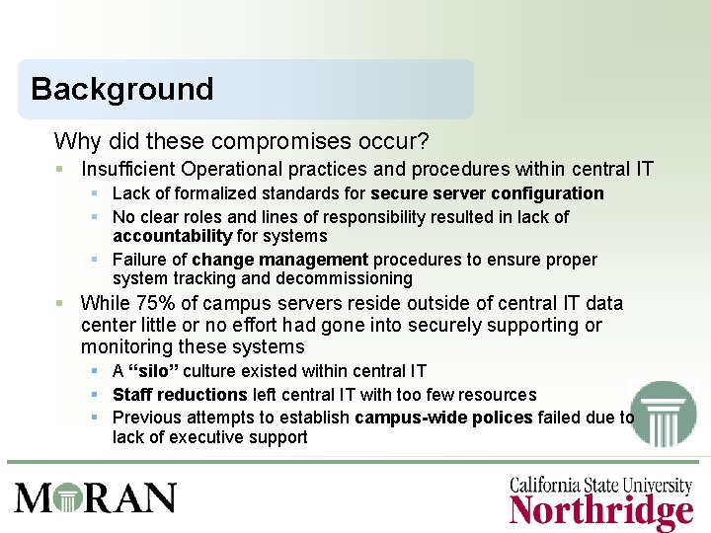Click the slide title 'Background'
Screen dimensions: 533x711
[x=121, y=89]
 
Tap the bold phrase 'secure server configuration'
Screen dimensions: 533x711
[x=487, y=193]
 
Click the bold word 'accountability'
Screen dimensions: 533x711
[x=172, y=236]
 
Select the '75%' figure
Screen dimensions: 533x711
[x=154, y=303]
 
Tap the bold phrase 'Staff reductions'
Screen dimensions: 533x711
[x=180, y=395]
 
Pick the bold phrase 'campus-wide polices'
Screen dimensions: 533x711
[x=443, y=418]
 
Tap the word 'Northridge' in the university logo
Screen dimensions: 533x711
[x=600, y=512]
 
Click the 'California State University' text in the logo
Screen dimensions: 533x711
[x=600, y=484]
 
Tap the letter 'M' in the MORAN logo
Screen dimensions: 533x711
[x=34, y=496]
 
